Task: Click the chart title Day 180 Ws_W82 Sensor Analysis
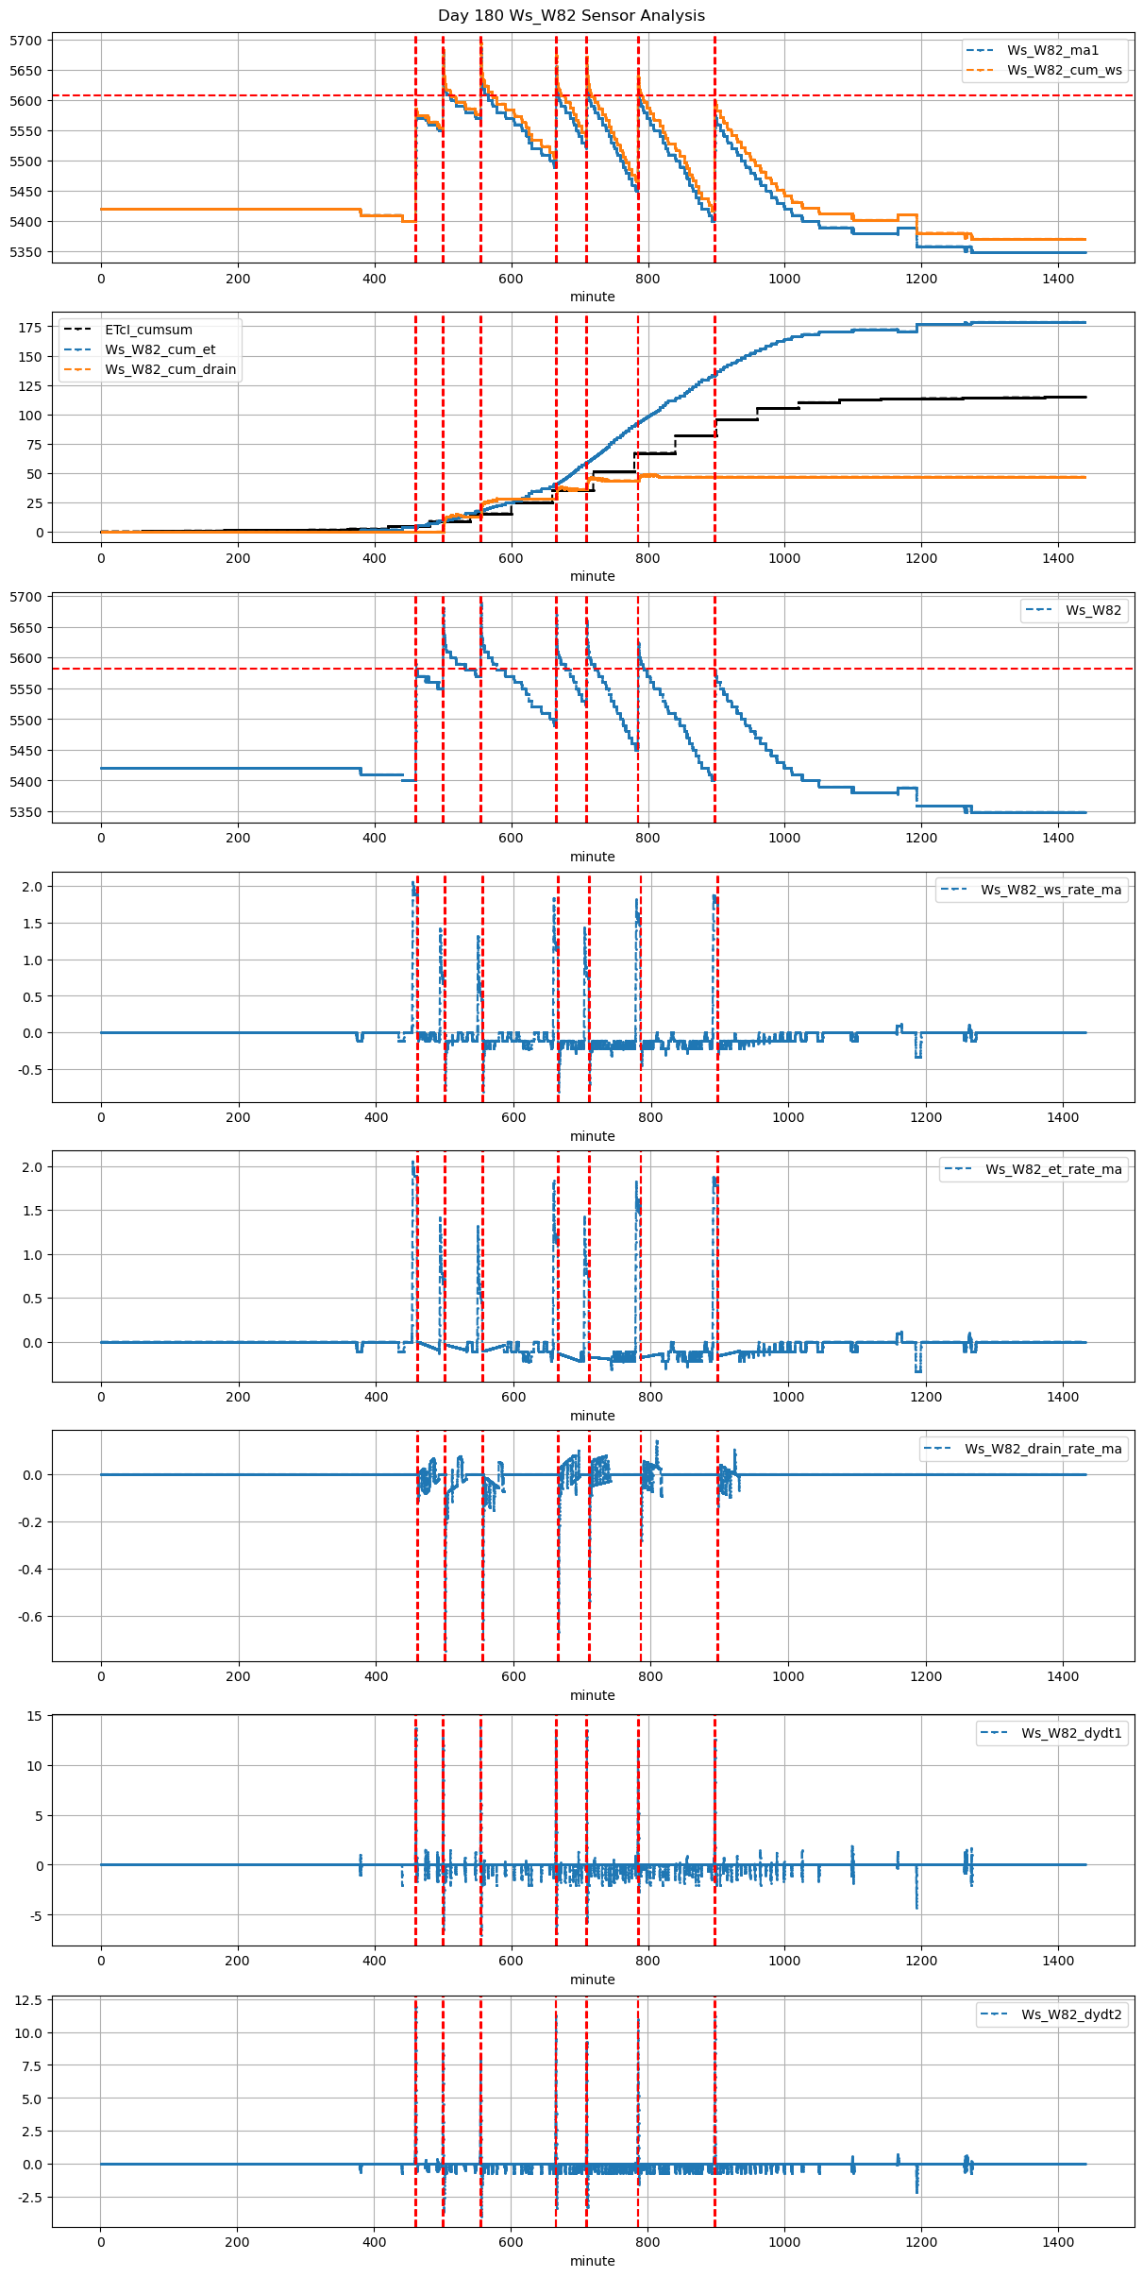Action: [571, 15]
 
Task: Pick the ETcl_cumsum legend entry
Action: [148, 330]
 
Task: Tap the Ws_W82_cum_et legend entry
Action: [160, 349]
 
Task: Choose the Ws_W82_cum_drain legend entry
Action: [170, 369]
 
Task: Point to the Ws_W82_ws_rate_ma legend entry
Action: [1051, 890]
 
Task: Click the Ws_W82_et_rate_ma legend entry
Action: [1053, 1169]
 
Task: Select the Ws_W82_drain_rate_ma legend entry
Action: [1043, 1449]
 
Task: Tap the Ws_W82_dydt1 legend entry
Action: [1071, 1733]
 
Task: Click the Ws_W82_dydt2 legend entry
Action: [1071, 2014]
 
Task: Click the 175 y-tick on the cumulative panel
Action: [31, 328]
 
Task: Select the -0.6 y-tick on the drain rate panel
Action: [28, 1617]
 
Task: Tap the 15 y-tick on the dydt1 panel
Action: [35, 1716]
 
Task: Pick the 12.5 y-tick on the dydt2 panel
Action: [28, 2000]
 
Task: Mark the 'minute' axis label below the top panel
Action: [592, 297]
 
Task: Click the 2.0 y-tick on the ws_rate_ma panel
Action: [32, 887]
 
